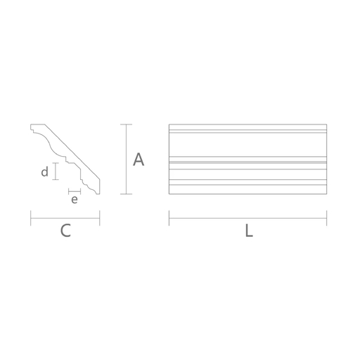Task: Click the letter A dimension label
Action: (139, 160)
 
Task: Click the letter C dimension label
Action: (65, 231)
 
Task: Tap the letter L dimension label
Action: (249, 231)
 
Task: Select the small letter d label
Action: (45, 172)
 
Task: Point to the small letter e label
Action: (75, 200)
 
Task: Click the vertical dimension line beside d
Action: (56, 171)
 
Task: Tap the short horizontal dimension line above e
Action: (75, 191)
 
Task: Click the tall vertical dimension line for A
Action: (127, 159)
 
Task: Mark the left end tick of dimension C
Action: (31, 218)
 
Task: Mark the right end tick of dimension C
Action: (100, 218)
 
